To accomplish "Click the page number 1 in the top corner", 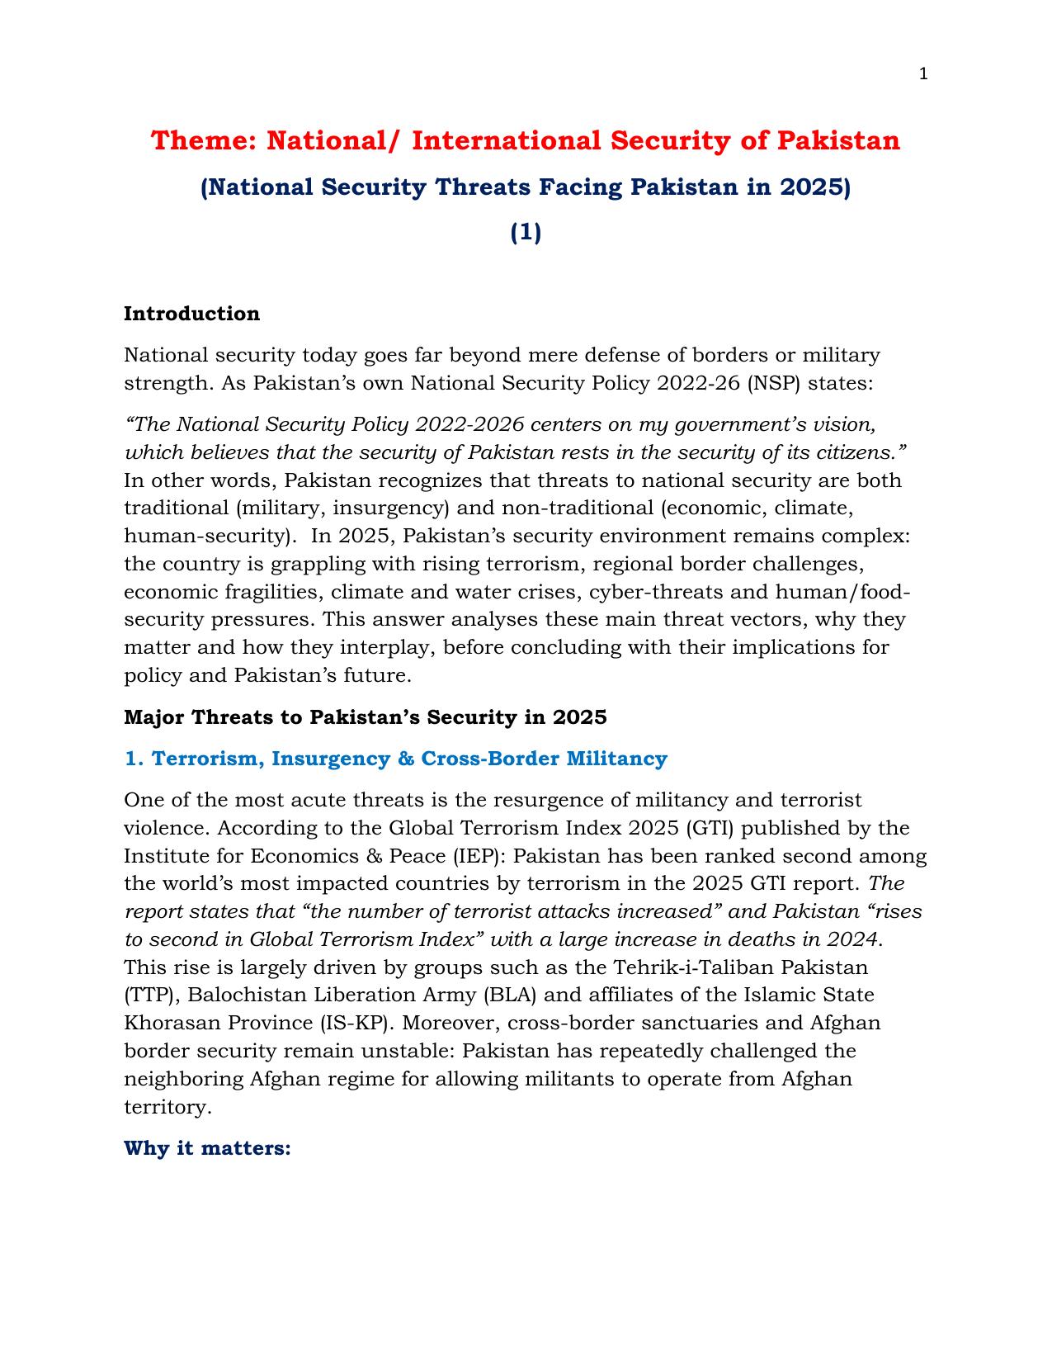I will click(923, 74).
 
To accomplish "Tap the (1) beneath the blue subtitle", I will click(526, 234).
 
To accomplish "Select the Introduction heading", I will click(191, 314).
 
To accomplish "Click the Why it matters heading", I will click(207, 1148).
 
